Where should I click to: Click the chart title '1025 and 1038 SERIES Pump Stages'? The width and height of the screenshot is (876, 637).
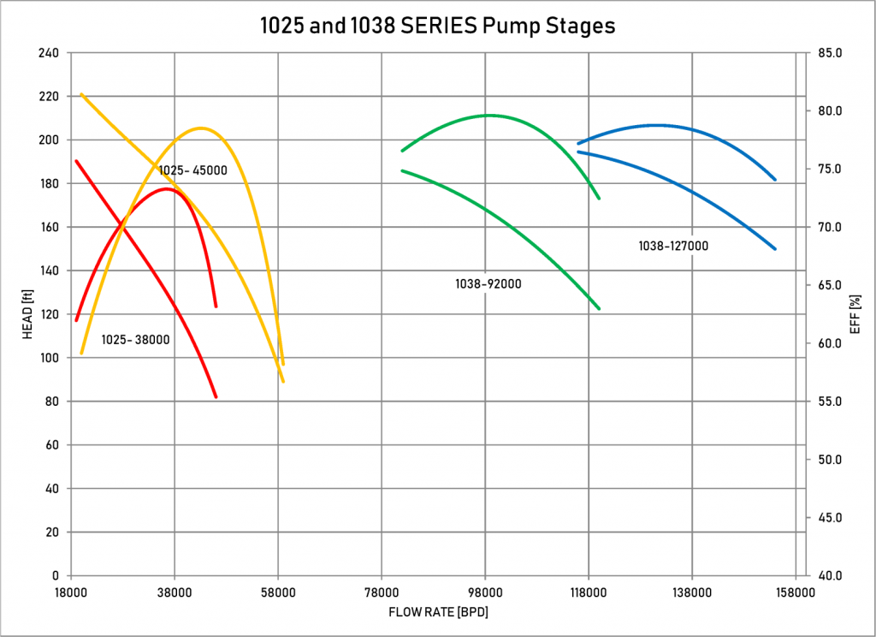click(437, 26)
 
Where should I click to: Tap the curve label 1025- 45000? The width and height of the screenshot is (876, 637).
click(192, 170)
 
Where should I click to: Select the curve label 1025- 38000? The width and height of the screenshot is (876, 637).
click(135, 340)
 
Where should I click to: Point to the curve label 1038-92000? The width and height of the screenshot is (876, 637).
click(488, 283)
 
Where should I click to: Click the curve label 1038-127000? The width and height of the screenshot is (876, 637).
click(673, 246)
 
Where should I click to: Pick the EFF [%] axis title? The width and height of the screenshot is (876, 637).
click(854, 314)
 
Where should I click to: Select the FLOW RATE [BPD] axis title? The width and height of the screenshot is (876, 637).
click(438, 612)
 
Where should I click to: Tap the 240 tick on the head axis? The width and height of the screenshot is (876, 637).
click(48, 53)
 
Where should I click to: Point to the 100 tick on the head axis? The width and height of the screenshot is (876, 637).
click(48, 358)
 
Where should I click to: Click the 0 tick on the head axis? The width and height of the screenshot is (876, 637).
click(55, 575)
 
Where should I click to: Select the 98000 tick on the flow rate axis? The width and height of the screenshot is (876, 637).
click(485, 592)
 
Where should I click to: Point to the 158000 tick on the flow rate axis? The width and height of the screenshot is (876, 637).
click(796, 592)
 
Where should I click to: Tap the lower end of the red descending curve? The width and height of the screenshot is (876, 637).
click(216, 396)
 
